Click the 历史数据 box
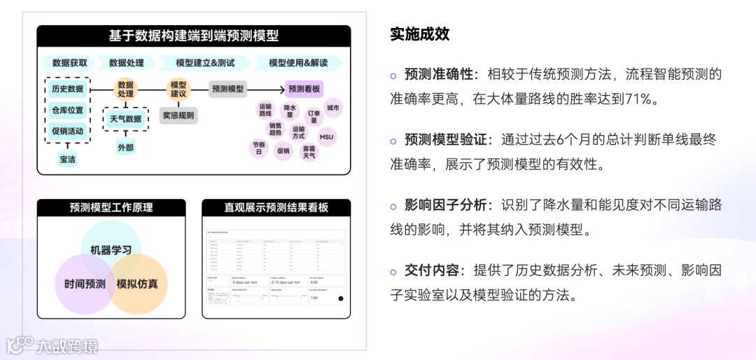(x=67, y=89)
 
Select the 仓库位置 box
(x=67, y=110)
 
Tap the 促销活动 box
(x=67, y=131)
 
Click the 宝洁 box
(x=67, y=160)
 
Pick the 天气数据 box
(x=125, y=118)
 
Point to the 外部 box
(x=125, y=147)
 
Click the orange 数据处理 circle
(x=125, y=89)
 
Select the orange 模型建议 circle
(x=178, y=89)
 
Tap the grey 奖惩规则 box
(x=178, y=115)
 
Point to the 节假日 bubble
(x=259, y=148)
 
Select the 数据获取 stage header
(x=70, y=62)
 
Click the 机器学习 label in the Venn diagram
(x=111, y=249)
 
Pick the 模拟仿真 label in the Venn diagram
(x=137, y=284)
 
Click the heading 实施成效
(x=419, y=34)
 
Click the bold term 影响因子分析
(x=445, y=205)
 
